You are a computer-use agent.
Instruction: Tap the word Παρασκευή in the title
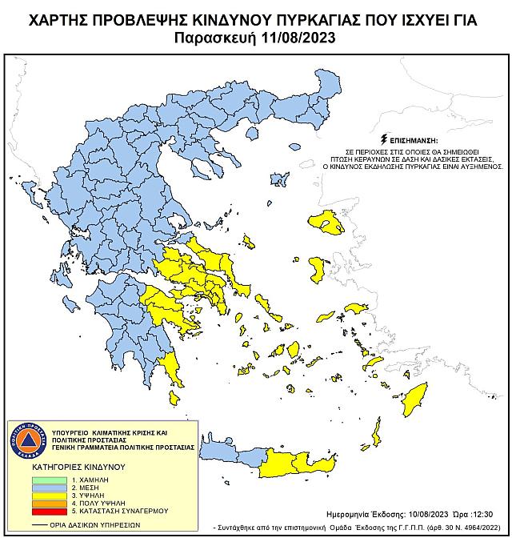click(221, 37)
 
